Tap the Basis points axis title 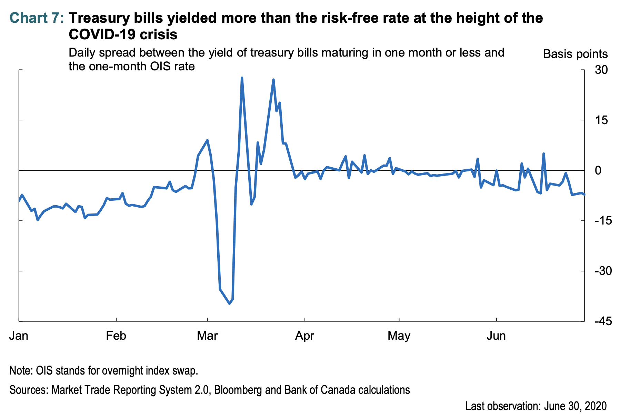[575, 54]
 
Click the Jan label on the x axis [19, 336]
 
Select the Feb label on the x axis [116, 336]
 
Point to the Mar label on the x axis [207, 336]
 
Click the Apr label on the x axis [304, 336]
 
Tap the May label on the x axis [399, 336]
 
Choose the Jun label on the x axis [496, 336]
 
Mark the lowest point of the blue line [230, 303]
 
